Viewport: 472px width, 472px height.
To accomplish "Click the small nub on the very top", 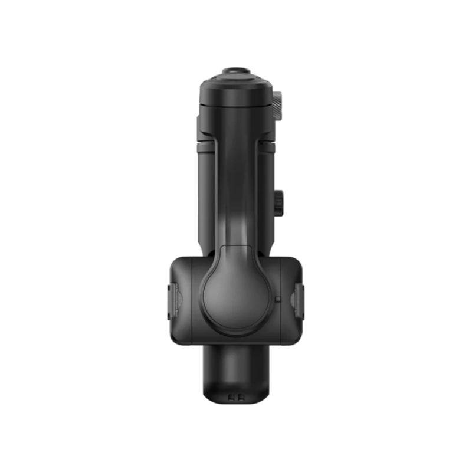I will tap(235, 71).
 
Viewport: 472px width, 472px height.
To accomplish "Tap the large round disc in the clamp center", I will tap(235, 289).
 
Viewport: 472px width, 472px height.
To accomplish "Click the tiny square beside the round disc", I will tap(277, 299).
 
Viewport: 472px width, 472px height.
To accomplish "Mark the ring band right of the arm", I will tap(267, 143).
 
